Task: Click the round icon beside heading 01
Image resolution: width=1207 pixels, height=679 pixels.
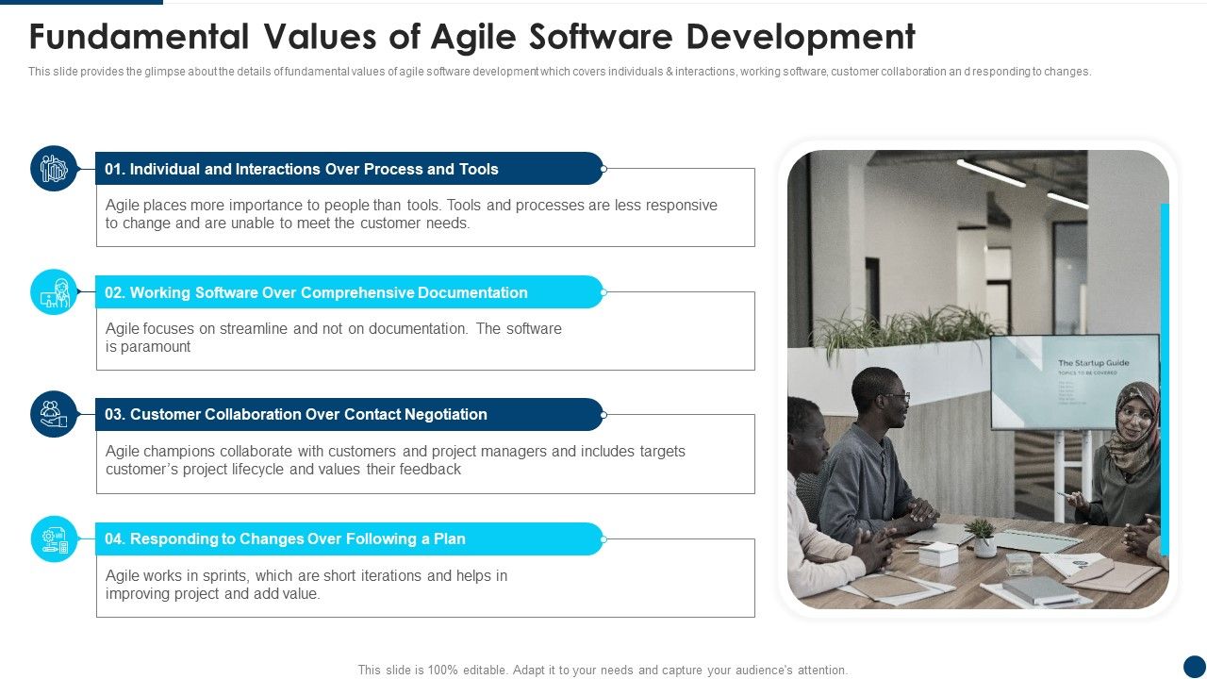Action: pos(54,169)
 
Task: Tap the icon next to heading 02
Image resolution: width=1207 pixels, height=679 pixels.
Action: pos(54,292)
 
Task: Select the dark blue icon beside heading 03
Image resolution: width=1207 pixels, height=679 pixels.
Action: pos(54,414)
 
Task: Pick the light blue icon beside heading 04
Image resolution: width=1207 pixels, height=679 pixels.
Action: pos(54,538)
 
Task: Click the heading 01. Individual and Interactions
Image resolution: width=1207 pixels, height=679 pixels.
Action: pos(302,170)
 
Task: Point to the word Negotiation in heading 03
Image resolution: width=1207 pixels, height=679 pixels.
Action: pos(445,415)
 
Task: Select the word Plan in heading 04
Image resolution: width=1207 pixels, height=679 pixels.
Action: pos(449,539)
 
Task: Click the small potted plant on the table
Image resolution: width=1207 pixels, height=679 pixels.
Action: pos(983,537)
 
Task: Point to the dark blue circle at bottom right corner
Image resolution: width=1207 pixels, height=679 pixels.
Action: pos(1194,666)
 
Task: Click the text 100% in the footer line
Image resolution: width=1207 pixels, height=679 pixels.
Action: pos(442,671)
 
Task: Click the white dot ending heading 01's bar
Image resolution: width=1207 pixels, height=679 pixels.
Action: pos(603,169)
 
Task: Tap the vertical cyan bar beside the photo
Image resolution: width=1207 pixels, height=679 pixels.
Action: pos(1165,377)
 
